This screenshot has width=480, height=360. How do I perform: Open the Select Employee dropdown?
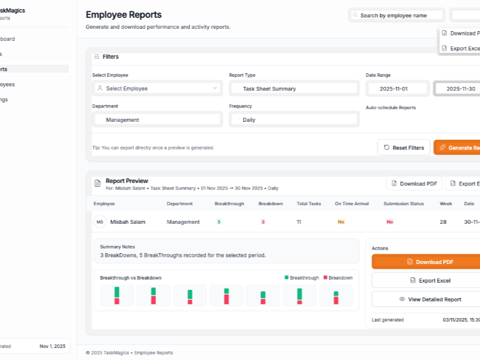coord(157,88)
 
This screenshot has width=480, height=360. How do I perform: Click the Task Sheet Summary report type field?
coord(294,88)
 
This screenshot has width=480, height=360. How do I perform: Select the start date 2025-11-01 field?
coord(397,88)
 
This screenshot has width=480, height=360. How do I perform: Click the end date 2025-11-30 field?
coord(459,88)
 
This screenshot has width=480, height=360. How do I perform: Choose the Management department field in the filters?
coord(157,119)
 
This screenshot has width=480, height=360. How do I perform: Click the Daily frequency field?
coord(294,119)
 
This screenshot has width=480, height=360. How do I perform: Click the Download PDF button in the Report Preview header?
coord(415,184)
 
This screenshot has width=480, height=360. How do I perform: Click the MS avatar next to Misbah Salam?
coord(100,222)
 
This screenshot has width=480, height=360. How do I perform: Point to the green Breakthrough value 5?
coord(219,222)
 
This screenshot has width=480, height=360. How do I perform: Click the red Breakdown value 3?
coord(263,222)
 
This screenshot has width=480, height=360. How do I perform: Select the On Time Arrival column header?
coord(352,204)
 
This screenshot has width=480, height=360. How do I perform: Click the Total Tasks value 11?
coord(299,222)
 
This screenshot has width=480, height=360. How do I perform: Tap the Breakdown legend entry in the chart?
coord(338,278)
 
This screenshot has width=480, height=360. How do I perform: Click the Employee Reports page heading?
coord(124,15)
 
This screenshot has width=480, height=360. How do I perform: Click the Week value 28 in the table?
coord(443,222)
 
